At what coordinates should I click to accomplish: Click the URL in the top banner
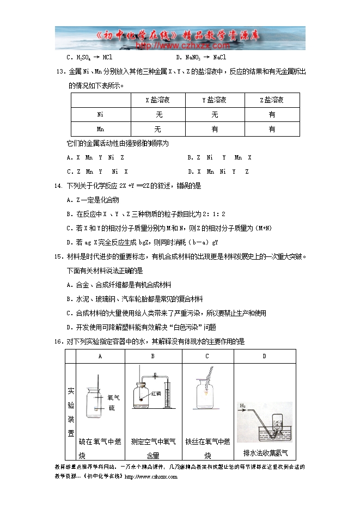coord(180,46)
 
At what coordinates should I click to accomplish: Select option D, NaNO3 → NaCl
coord(201,57)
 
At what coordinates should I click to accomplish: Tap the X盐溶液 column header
coord(158,100)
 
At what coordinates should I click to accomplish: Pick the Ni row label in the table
coord(101,115)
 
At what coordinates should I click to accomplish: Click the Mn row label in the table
coord(101,129)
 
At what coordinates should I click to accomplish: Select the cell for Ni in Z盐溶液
coord(272,115)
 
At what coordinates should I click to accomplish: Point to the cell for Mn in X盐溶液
coord(158,129)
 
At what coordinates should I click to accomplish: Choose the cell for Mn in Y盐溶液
coord(215,129)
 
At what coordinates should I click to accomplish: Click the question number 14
coord(59,186)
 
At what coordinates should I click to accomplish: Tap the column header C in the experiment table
coord(208,356)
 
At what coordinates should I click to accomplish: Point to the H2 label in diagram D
coord(243,406)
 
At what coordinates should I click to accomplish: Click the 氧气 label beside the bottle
coord(114,398)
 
